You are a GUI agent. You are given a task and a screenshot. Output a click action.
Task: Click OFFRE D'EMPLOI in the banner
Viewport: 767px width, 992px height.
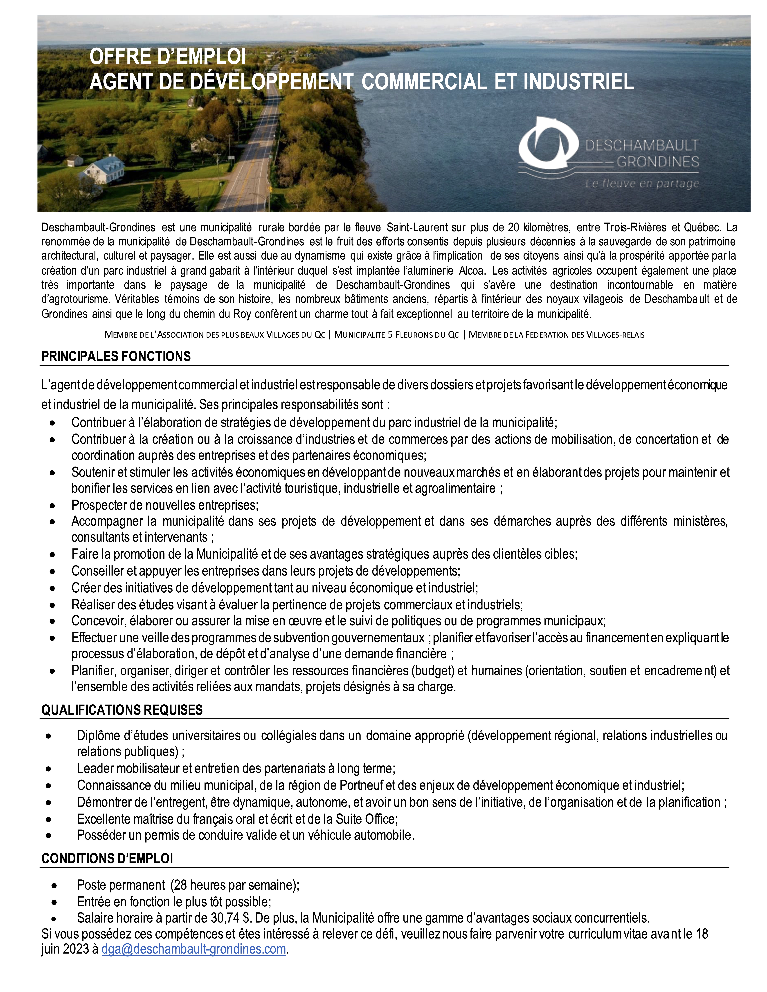point(167,57)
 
